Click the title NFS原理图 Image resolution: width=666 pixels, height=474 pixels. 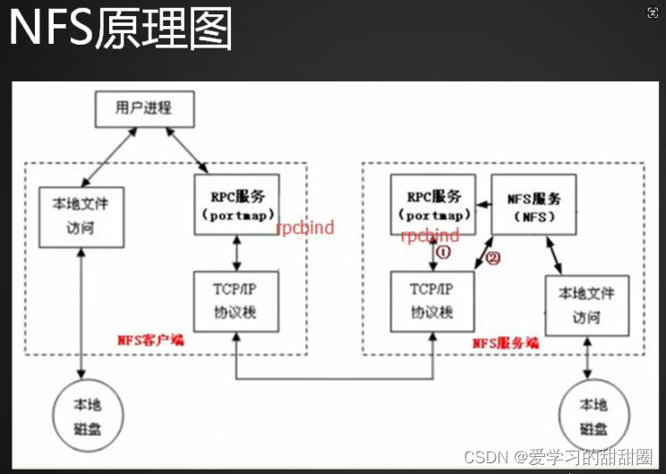[x=121, y=29]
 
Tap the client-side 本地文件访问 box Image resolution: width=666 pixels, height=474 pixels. [x=81, y=217]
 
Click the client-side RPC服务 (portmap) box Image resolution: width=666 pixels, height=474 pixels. [x=236, y=204]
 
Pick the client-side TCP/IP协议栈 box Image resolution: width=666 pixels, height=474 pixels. [x=236, y=301]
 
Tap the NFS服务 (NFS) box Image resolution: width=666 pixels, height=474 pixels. [x=534, y=204]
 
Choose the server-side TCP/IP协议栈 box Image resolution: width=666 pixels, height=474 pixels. [x=432, y=301]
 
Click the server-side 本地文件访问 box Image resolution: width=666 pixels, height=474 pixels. [x=586, y=304]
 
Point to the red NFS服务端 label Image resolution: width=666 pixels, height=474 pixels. [x=506, y=342]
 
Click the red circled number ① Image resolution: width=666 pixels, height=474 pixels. [x=442, y=254]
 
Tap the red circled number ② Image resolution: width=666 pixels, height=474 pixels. [x=492, y=259]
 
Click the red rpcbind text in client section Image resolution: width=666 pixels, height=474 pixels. [x=304, y=228]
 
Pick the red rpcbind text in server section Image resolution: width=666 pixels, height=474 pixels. [x=430, y=236]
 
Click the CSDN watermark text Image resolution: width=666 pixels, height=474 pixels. [x=558, y=457]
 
